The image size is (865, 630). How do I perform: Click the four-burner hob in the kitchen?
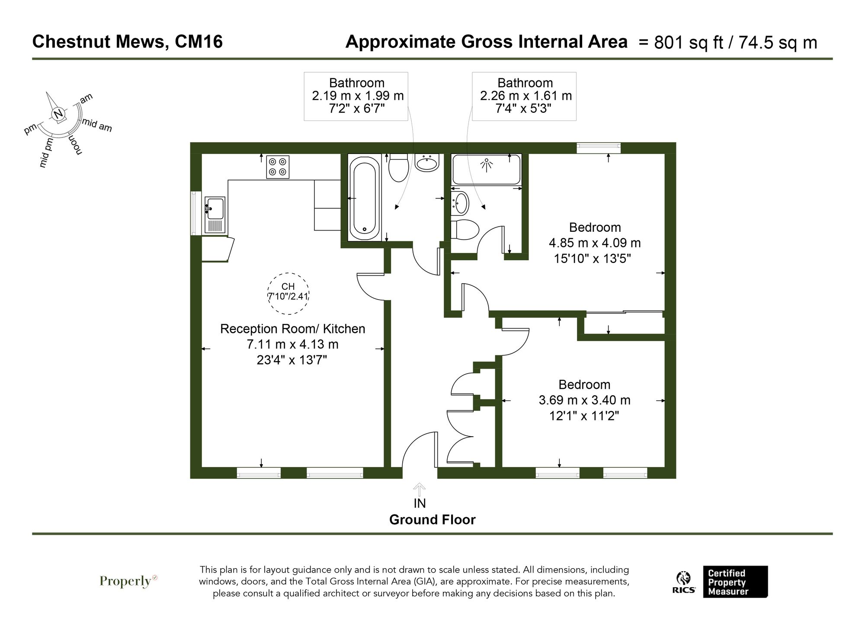[x=278, y=167]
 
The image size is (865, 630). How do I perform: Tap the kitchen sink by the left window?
[x=215, y=214]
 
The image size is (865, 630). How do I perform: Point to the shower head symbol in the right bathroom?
[x=487, y=165]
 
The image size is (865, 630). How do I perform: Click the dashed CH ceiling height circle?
[x=288, y=293]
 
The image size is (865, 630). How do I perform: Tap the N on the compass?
[x=58, y=114]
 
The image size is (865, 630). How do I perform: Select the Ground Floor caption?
[x=432, y=520]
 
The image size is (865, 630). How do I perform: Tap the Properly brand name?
[x=125, y=581]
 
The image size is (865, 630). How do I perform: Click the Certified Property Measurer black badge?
[x=735, y=582]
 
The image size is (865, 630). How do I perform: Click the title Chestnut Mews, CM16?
[x=128, y=42]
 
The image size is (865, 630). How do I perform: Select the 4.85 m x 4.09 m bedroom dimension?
[x=595, y=243]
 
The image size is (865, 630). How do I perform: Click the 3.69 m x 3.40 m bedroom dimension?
[x=584, y=400]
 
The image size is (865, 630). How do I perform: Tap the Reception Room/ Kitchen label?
[x=292, y=329]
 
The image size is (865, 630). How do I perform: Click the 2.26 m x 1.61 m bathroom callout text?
[x=525, y=96]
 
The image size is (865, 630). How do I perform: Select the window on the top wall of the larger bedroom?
[x=599, y=148]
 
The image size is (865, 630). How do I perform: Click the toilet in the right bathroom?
[x=465, y=229]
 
